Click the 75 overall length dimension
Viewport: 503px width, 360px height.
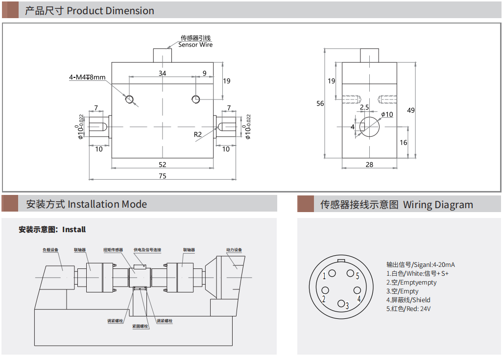click(162, 176)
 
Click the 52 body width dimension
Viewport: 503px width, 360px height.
click(162, 164)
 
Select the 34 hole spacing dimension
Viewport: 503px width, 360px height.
click(162, 73)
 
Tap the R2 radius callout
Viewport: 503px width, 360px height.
click(197, 134)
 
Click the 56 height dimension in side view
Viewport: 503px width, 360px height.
click(320, 103)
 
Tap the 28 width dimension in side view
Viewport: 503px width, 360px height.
click(369, 165)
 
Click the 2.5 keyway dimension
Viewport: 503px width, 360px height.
click(364, 107)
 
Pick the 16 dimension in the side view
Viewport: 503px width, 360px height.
click(403, 143)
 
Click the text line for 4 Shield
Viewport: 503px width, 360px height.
click(408, 300)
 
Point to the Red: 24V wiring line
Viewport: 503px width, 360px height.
click(408, 309)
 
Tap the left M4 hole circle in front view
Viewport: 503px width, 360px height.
click(129, 99)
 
